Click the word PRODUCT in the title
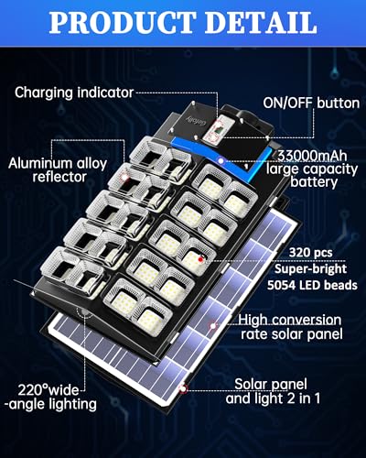122,23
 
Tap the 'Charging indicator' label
74,93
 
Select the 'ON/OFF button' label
311,104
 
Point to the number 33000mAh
312,156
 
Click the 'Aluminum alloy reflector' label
58,170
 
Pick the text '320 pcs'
310,253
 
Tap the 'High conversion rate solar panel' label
290,327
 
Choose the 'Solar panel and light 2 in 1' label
273,391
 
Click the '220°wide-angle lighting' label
51,398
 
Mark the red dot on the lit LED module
200,259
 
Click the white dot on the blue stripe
221,160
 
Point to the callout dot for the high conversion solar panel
212,326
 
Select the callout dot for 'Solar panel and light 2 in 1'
183,388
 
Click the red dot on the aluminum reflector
124,177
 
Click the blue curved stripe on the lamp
222,158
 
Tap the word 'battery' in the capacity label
314,182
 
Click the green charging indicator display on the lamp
219,130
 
